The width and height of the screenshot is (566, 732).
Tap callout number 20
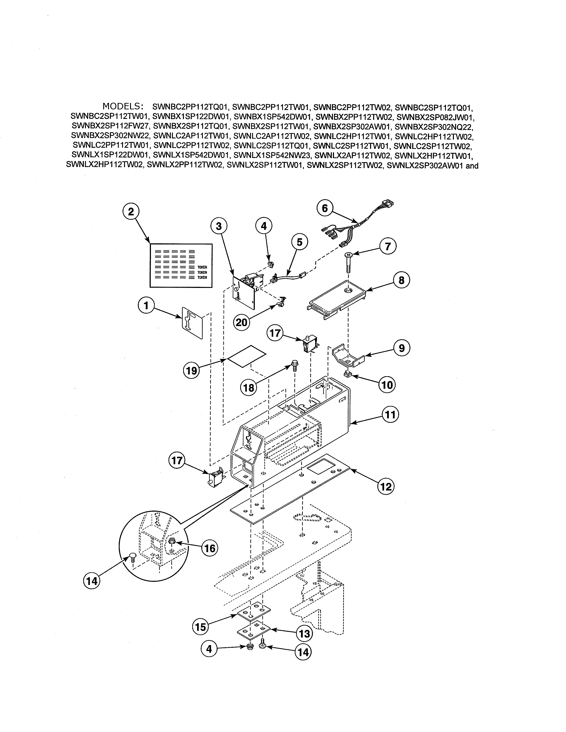click(x=242, y=323)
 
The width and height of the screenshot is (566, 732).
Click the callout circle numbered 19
click(x=191, y=371)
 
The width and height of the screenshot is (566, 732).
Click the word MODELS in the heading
click(x=123, y=106)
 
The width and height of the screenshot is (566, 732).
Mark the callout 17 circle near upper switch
click(x=275, y=334)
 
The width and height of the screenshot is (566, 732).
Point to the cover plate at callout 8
click(x=337, y=296)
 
